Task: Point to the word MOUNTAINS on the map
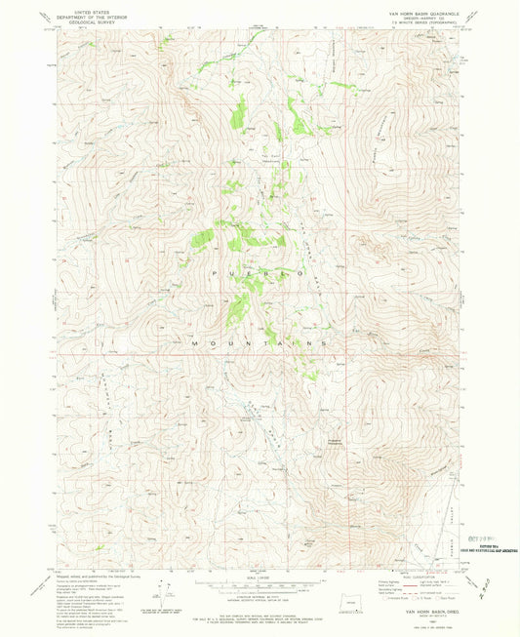point(258,344)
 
